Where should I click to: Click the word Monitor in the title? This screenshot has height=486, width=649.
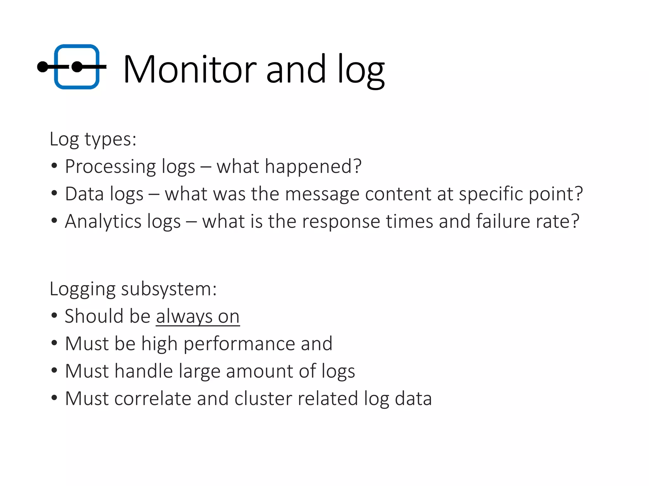coord(190,69)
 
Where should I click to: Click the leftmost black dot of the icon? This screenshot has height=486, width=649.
coord(42,67)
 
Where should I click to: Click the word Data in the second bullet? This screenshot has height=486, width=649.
coord(84,194)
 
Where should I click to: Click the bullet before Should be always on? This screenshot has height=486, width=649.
coord(54,315)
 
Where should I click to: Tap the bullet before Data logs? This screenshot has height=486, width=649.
coord(54,193)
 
